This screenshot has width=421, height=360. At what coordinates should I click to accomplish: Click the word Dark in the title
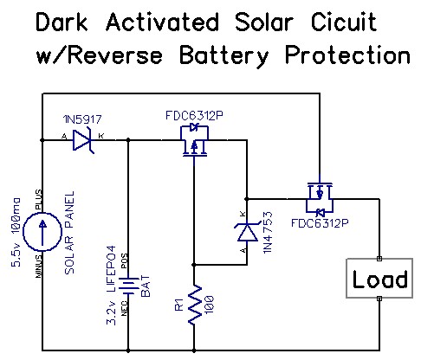[x=62, y=22]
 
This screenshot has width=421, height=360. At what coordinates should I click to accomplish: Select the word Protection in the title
[x=347, y=55]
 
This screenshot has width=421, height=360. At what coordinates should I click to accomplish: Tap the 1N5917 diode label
[x=82, y=119]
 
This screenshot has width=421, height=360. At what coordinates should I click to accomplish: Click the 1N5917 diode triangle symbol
[x=82, y=140]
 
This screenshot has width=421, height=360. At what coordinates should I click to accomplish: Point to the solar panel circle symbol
[x=42, y=232]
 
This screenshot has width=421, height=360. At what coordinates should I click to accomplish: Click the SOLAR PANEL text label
[x=69, y=233]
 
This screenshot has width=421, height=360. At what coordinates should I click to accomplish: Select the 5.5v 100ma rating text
[x=16, y=233]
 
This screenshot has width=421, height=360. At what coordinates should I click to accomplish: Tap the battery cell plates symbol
[x=128, y=286]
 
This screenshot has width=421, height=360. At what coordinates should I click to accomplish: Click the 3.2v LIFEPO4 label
[x=112, y=286]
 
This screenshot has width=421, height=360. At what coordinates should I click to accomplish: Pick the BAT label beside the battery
[x=146, y=286]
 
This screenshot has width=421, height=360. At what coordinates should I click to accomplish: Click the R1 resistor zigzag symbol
[x=194, y=305]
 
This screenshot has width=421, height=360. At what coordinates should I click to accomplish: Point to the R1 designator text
[x=179, y=305]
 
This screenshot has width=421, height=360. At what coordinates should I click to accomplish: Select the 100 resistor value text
[x=210, y=304]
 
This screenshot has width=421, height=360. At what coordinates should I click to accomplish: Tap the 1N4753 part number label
[x=268, y=233]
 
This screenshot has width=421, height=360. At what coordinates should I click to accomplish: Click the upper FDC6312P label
[x=194, y=116]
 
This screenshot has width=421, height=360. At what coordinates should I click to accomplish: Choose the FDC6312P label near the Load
[x=320, y=223]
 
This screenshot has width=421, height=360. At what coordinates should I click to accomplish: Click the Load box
[x=379, y=279]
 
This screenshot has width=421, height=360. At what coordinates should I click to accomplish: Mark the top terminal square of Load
[x=379, y=259]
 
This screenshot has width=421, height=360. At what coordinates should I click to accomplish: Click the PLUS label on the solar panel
[x=38, y=200]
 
